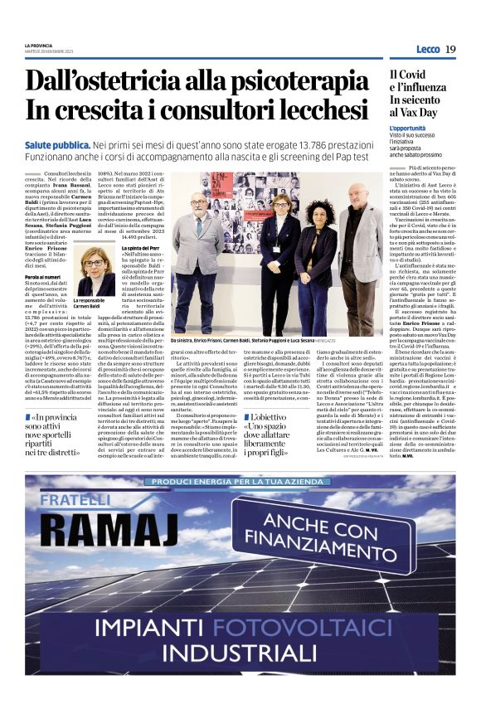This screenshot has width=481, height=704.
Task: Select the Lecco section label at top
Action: [x=428, y=49]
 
